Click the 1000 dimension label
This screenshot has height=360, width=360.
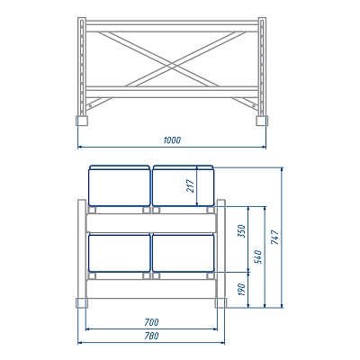coord(172,140)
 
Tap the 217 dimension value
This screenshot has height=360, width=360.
coord(191,186)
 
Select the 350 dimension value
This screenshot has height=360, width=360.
coord(241,231)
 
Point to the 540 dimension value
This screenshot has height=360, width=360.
coord(257,256)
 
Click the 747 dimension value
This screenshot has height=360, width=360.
coord(274,237)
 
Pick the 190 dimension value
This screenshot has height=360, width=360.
coord(241,290)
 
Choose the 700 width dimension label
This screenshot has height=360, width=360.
coord(151,322)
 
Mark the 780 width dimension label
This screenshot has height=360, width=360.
coord(151,336)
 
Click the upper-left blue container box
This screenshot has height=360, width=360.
coord(120,185)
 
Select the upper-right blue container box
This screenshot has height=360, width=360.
coord(184,185)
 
